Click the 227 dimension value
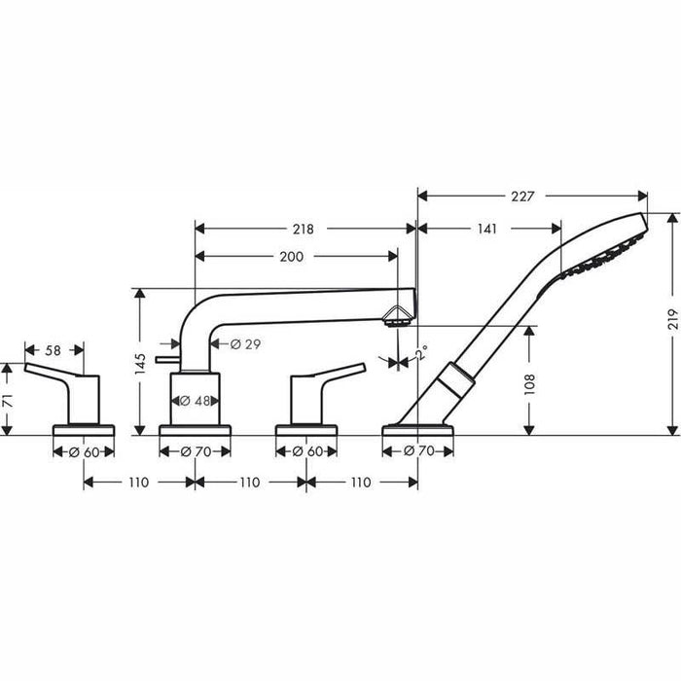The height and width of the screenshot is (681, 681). coord(522,197)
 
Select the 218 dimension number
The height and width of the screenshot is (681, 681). coord(303,229)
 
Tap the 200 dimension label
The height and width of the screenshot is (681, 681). coord(292,257)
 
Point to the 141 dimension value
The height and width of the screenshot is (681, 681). coord(486,229)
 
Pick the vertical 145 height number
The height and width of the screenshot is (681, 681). coord(140,364)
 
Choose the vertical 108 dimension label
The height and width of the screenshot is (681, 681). coord(529,384)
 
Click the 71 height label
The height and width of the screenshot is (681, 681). coord(8,401)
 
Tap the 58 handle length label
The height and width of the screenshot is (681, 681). coord(53,350)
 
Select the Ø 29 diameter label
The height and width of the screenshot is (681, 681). coord(246,344)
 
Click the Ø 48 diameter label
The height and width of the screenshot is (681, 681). coord(195,401)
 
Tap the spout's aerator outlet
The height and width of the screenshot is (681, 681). coord(396,324)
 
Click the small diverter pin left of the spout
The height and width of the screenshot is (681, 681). coord(168,359)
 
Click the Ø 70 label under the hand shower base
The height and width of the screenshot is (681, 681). coord(418,451)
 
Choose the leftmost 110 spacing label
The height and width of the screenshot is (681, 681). coord(138,483)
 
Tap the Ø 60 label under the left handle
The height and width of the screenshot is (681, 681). coord(84,452)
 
